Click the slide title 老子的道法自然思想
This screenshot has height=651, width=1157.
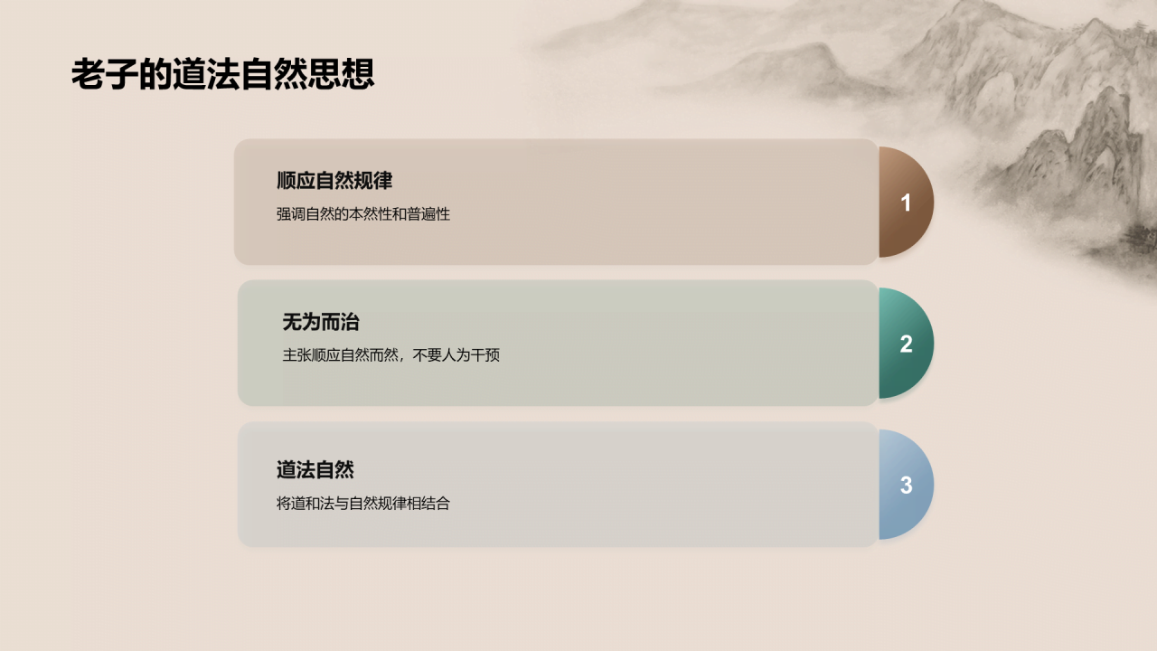pyautogui.click(x=222, y=75)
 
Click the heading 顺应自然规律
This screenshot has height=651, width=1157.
pyautogui.click(x=334, y=181)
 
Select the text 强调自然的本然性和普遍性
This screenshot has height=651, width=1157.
pyautogui.click(x=363, y=214)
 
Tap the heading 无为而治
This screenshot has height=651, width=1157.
pyautogui.click(x=321, y=322)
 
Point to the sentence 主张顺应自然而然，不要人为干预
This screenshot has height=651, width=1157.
pyautogui.click(x=390, y=355)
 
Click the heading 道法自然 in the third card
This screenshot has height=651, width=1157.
pyautogui.click(x=315, y=470)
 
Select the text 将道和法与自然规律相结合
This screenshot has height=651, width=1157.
pyautogui.click(x=363, y=504)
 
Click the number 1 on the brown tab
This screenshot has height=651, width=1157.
pyautogui.click(x=906, y=203)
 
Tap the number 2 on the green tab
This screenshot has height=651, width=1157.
pyautogui.click(x=906, y=344)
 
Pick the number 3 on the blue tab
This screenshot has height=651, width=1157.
pyautogui.click(x=906, y=486)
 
